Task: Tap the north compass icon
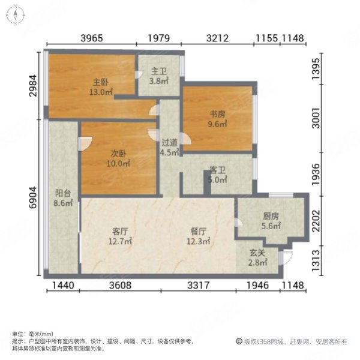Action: pyautogui.click(x=17, y=16)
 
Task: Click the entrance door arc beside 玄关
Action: pyautogui.click(x=287, y=257)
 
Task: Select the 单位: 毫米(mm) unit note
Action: pyautogui.click(x=33, y=334)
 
